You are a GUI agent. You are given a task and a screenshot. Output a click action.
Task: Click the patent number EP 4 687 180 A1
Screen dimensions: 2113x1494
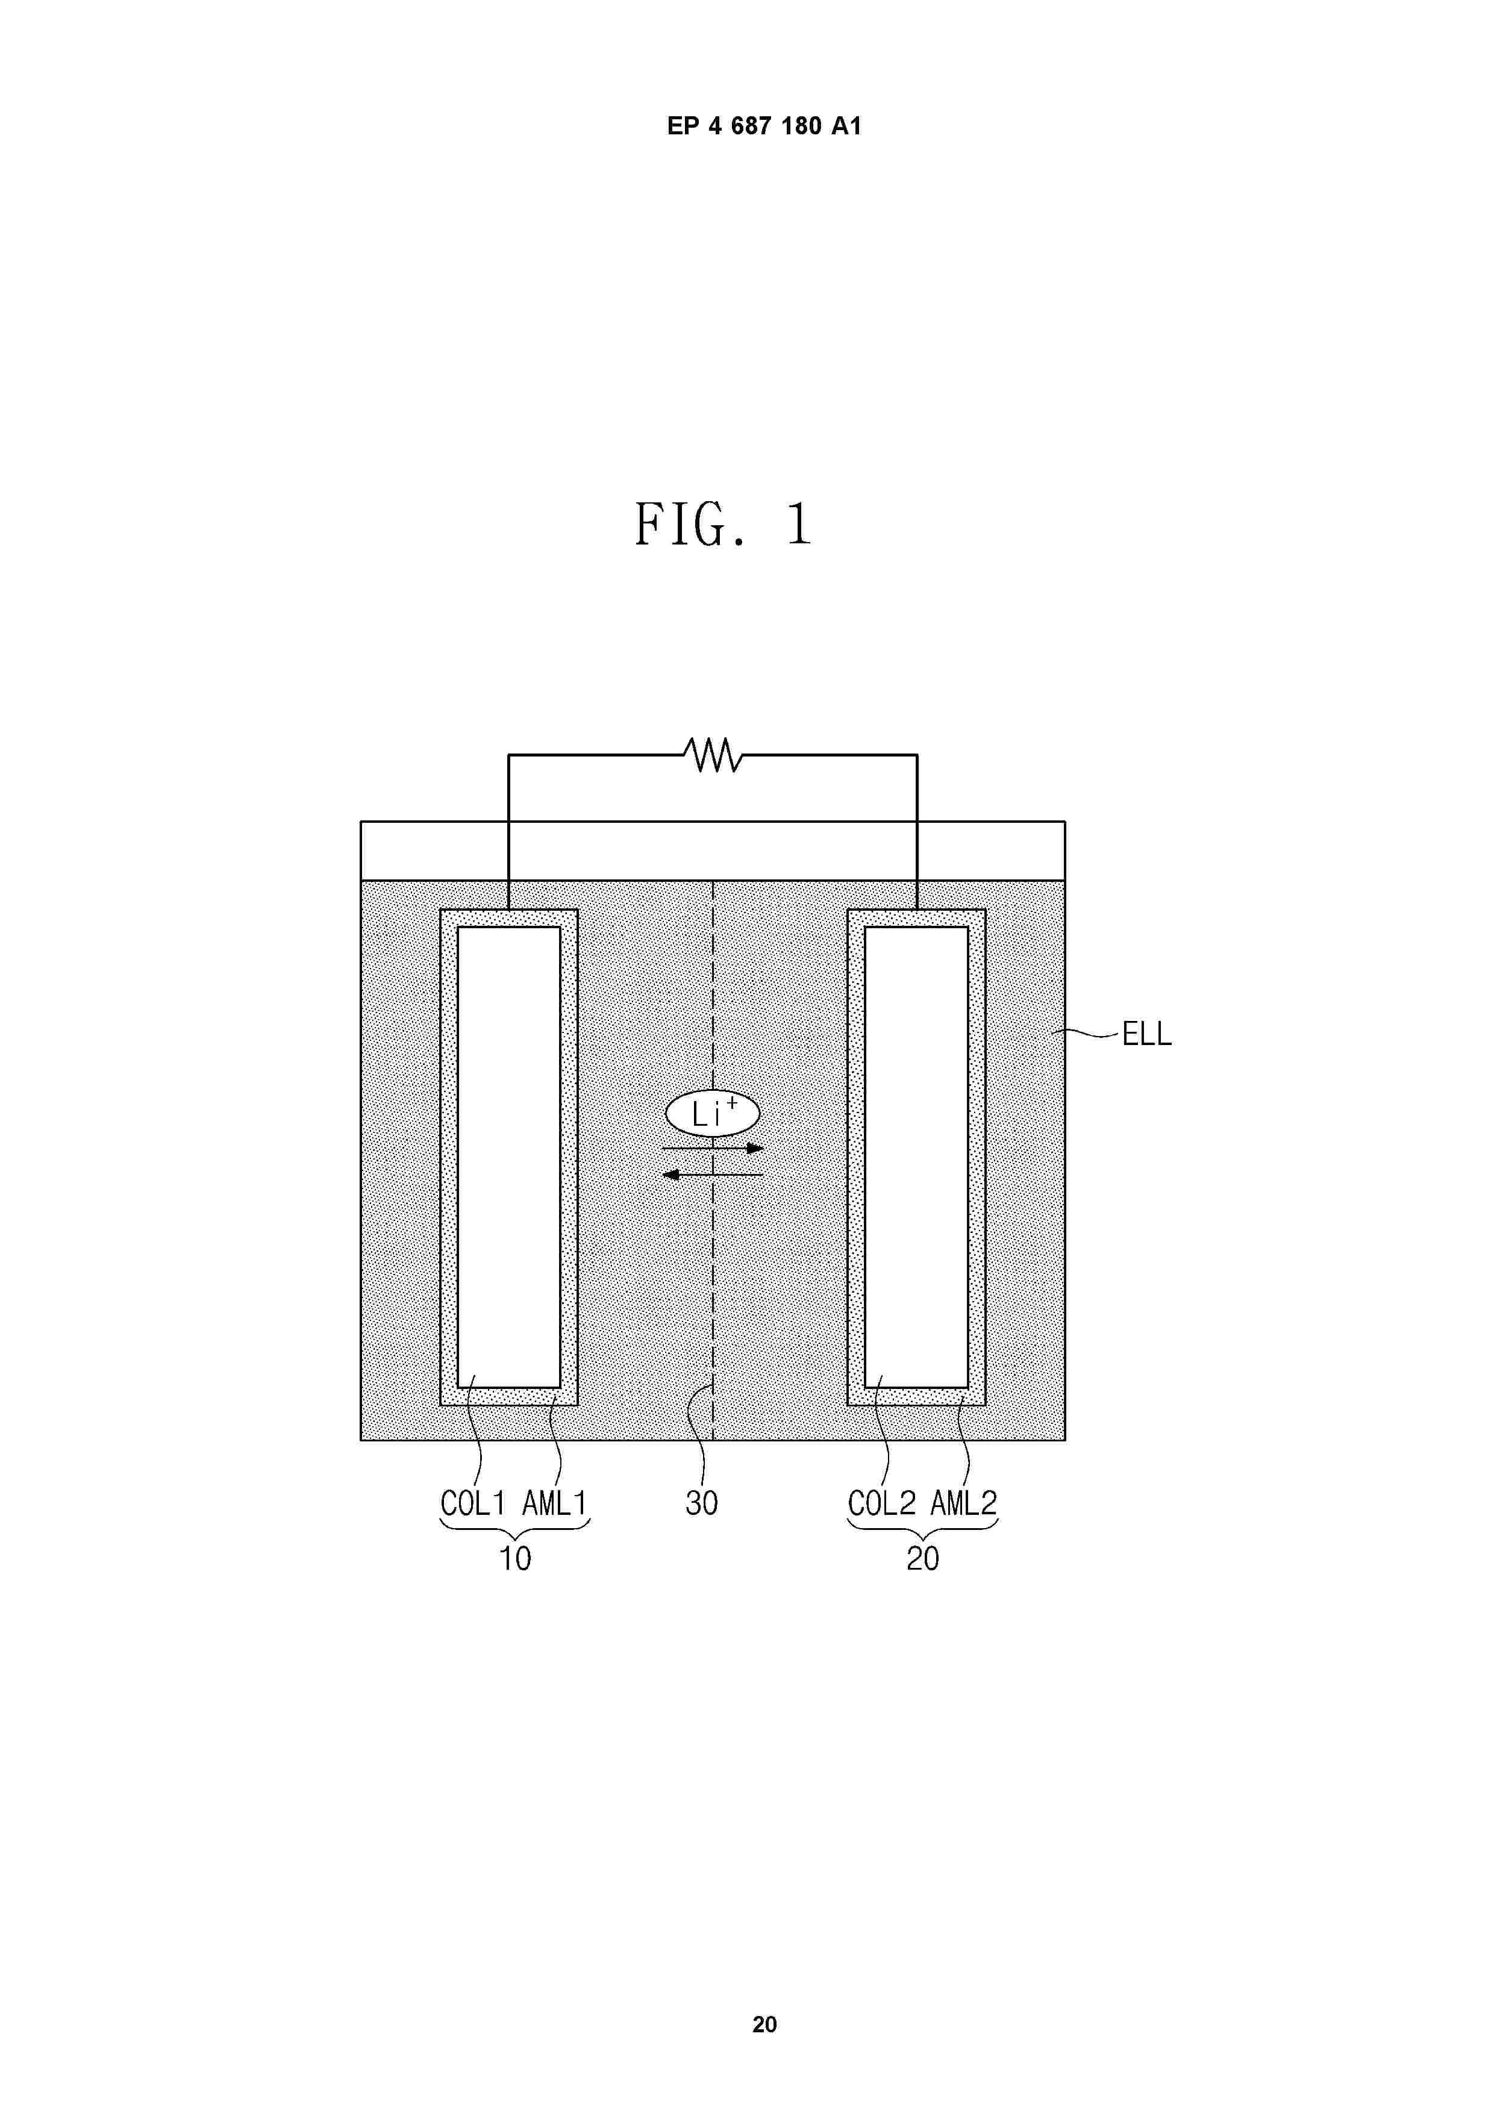pyautogui.click(x=763, y=126)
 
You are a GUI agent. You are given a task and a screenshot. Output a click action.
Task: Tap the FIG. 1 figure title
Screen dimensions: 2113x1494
pyautogui.click(x=724, y=525)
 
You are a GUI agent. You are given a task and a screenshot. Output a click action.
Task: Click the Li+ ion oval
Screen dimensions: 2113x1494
pyautogui.click(x=711, y=1114)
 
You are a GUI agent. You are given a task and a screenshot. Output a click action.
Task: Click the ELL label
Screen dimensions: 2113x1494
pyautogui.click(x=1146, y=1034)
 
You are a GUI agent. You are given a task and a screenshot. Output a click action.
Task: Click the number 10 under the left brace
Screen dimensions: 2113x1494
pyautogui.click(x=514, y=1559)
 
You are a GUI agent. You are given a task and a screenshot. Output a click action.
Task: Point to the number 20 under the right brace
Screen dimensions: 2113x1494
pyautogui.click(x=922, y=1559)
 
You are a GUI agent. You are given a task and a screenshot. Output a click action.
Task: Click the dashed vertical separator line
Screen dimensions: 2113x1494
pyautogui.click(x=713, y=1288)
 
